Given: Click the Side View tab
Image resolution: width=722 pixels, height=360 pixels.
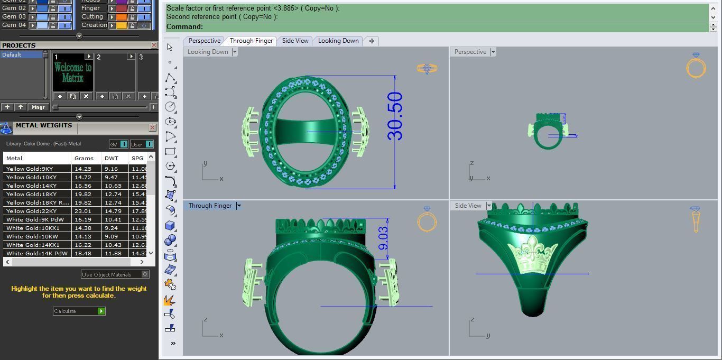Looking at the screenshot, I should [295, 41].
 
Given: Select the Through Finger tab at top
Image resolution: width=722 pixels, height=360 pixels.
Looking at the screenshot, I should [251, 41].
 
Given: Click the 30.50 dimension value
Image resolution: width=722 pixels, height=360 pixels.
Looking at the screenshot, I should [395, 116].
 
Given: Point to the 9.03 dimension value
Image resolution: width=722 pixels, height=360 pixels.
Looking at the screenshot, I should [383, 238].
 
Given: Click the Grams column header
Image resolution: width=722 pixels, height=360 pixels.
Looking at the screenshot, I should [84, 158].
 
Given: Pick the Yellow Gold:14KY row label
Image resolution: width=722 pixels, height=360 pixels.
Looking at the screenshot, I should [31, 186].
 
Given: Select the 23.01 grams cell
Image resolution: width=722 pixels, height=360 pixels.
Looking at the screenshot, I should [83, 211].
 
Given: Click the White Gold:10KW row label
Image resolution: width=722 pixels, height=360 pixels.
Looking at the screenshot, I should [32, 236].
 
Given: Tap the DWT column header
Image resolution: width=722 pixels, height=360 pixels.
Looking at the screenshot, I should [112, 158].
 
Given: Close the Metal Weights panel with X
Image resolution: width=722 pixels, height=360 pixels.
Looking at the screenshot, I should [153, 127].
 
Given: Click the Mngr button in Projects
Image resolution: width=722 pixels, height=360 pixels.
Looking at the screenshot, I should [38, 107].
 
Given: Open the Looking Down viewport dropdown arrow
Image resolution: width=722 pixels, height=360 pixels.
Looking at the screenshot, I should [235, 52].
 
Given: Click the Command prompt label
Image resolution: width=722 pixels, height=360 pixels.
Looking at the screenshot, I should [184, 27].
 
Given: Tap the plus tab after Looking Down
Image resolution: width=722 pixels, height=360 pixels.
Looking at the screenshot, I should [372, 41].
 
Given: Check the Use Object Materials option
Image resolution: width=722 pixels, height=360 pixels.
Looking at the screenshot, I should [145, 274].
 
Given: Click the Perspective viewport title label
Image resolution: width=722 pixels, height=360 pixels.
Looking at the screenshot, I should [470, 52].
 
